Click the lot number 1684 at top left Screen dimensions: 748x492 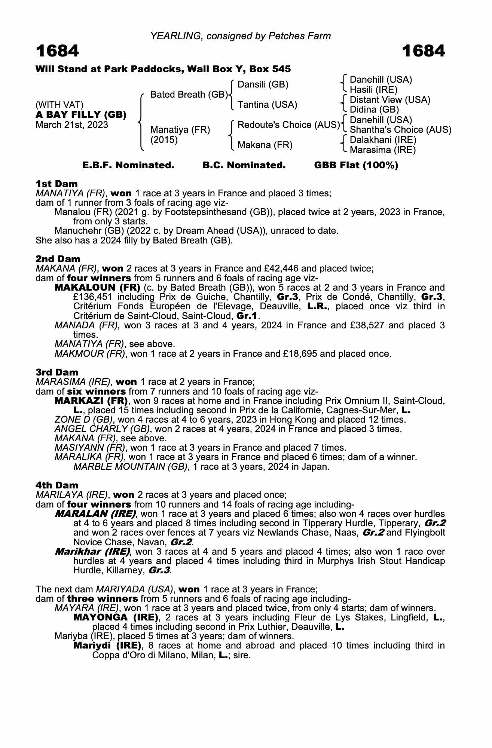pyautogui.click(x=57, y=51)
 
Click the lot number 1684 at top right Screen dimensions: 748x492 pyautogui.click(x=424, y=51)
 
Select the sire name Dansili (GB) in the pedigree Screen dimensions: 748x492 pyautogui.click(x=263, y=85)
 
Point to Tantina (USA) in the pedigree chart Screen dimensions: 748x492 pyautogui.click(x=268, y=105)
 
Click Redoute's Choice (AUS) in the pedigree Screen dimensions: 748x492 pyautogui.click(x=288, y=125)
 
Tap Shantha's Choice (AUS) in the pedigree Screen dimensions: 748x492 pyautogui.click(x=400, y=130)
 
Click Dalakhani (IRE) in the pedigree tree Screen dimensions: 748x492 pyautogui.click(x=383, y=140)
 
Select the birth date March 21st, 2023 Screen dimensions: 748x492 pyautogui.click(x=71, y=125)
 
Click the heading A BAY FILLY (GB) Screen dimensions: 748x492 pyautogui.click(x=81, y=115)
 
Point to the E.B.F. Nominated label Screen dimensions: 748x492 pyautogui.click(x=128, y=165)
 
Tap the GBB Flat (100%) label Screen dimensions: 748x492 pyautogui.click(x=356, y=165)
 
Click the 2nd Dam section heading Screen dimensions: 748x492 pyautogui.click(x=58, y=259)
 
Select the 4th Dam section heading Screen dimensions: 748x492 pyautogui.click(x=57, y=485)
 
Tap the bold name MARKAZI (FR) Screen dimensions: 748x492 pyautogui.click(x=91, y=401)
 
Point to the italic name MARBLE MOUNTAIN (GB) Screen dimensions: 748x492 pyautogui.click(x=131, y=467)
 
